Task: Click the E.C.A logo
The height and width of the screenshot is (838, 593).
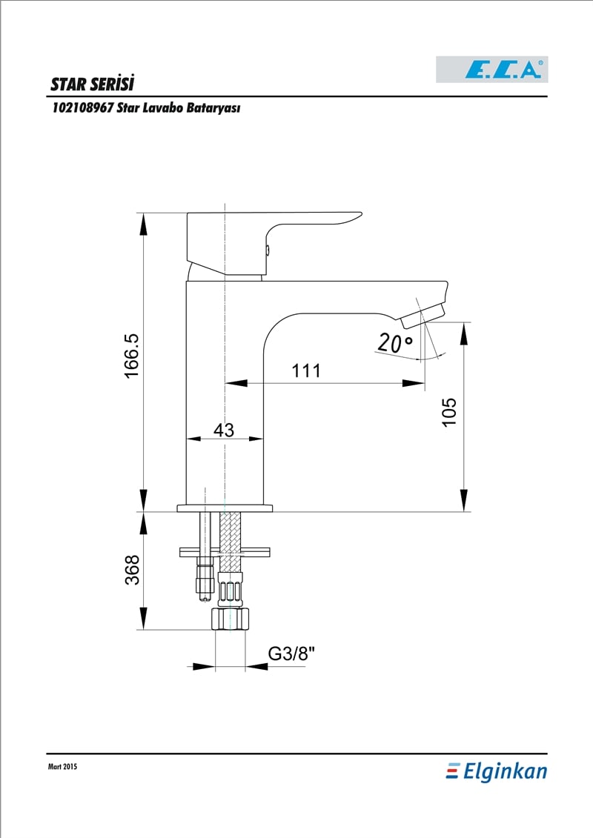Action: [x=492, y=70]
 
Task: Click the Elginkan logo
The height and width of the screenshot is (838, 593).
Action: [x=497, y=771]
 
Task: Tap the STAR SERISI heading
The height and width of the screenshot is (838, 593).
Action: [x=92, y=84]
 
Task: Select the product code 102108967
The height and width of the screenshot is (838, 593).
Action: [x=83, y=107]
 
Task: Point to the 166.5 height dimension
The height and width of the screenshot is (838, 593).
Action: [x=131, y=356]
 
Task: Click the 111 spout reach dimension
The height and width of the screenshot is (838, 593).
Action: [x=306, y=370]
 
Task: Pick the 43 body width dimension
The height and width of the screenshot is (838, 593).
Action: [x=224, y=430]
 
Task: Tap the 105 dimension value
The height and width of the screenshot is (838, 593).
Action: [x=449, y=411]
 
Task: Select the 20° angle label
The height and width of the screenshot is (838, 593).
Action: [x=394, y=342]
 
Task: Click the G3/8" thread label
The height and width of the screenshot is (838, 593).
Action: [x=291, y=653]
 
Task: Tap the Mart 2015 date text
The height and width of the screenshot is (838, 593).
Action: [x=62, y=766]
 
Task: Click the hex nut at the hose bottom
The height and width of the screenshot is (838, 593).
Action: [x=231, y=619]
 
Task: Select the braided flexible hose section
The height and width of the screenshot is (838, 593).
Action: [x=231, y=541]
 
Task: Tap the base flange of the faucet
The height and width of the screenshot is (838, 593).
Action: [x=225, y=508]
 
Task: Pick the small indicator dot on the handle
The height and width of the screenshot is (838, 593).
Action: [x=268, y=249]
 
